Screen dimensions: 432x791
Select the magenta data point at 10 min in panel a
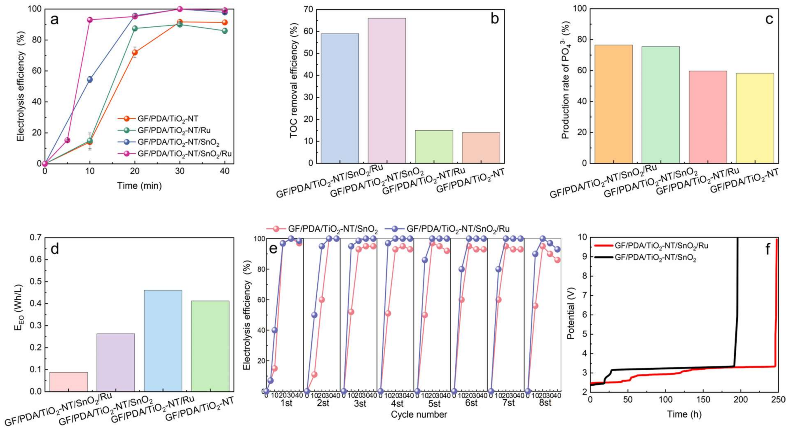(90, 20)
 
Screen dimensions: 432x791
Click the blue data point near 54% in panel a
(90, 79)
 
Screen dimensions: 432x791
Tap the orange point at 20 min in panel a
(135, 53)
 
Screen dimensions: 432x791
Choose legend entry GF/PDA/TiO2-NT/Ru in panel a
(174, 130)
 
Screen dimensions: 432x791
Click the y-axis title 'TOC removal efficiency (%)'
(294, 81)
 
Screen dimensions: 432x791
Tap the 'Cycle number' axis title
(419, 414)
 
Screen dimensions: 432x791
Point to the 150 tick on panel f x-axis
(703, 399)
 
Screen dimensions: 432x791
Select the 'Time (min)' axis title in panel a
(139, 185)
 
